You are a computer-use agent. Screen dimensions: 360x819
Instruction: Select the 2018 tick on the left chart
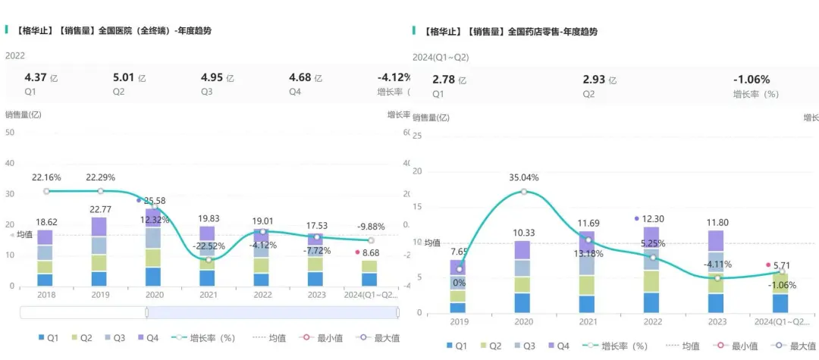point(45,295)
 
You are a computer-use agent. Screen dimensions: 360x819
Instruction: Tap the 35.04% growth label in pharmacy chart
point(524,178)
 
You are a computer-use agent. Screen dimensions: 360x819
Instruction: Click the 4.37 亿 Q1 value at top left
point(41,77)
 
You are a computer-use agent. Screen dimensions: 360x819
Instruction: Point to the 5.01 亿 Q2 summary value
point(129,77)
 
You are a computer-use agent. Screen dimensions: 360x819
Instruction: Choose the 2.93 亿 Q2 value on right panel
point(600,80)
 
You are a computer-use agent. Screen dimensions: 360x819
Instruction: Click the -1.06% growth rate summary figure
point(751,80)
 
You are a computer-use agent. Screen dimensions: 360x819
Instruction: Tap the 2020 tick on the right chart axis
point(524,322)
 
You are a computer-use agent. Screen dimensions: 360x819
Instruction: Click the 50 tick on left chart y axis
point(10,133)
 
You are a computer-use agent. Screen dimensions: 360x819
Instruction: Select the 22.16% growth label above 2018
point(45,177)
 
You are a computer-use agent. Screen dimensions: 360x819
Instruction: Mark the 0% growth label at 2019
point(459,283)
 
